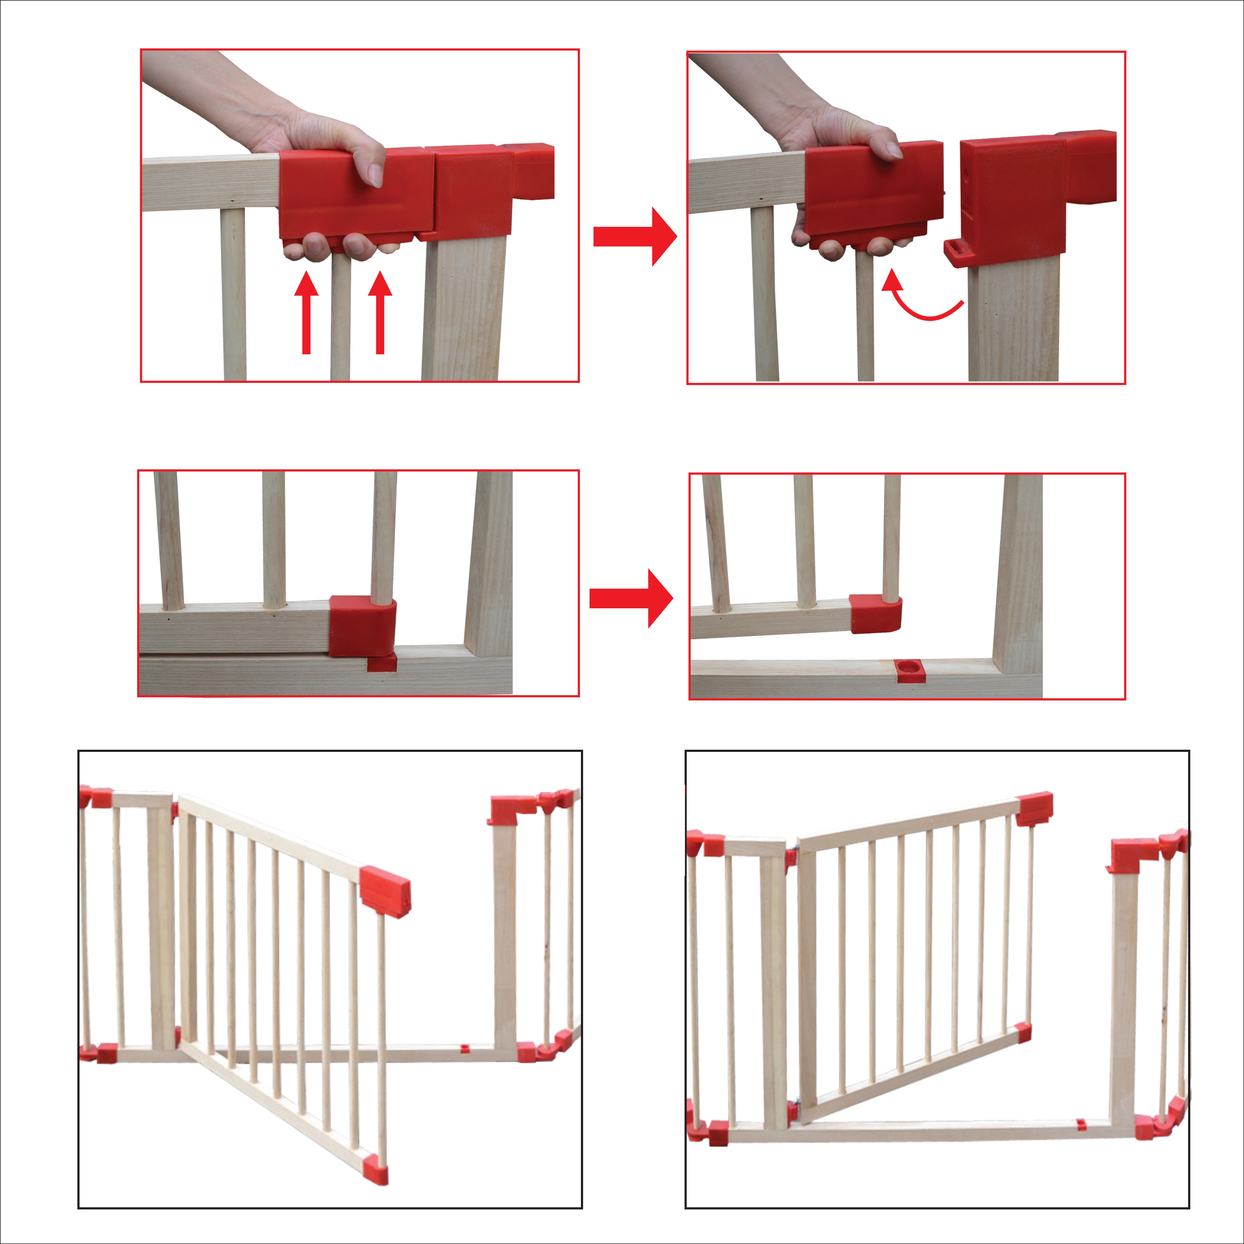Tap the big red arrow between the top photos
pyautogui.click(x=634, y=236)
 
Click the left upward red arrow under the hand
pyautogui.click(x=307, y=312)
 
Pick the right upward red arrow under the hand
pyautogui.click(x=380, y=312)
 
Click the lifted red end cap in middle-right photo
pyautogui.click(x=875, y=614)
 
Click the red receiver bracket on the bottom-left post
pyautogui.click(x=512, y=809)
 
